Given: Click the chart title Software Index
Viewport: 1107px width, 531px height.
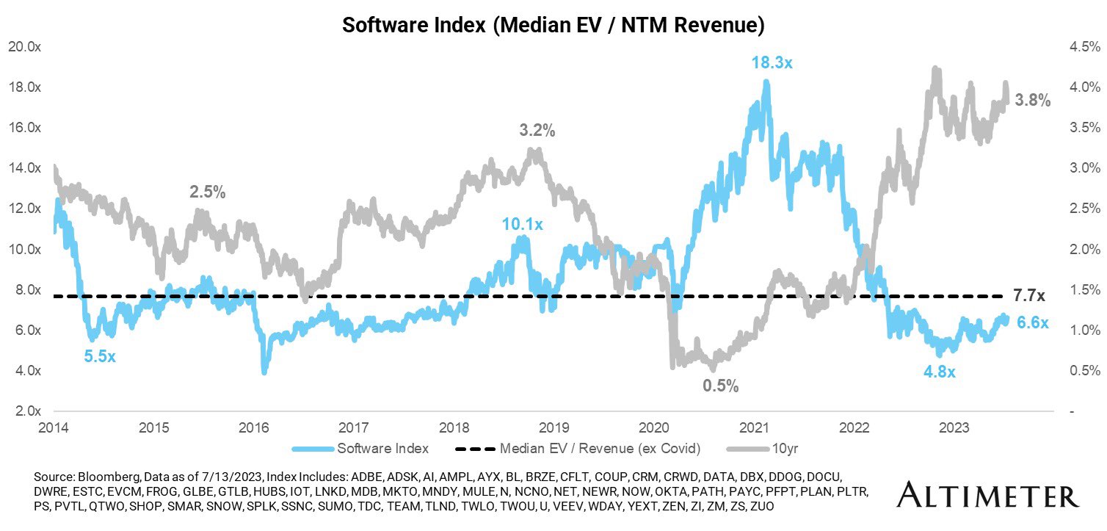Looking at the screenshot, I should tap(554, 26).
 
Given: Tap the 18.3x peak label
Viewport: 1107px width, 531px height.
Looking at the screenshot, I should tap(772, 63).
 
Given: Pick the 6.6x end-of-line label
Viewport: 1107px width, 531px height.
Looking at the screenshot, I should tap(1033, 322).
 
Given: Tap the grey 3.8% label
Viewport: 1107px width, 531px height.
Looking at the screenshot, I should tap(1033, 101).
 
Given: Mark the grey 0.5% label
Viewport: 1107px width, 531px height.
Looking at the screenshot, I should tap(720, 386).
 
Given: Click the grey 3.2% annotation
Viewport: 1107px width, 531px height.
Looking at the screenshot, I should tap(537, 131).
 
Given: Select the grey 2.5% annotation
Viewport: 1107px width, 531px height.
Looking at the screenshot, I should tap(208, 192).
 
